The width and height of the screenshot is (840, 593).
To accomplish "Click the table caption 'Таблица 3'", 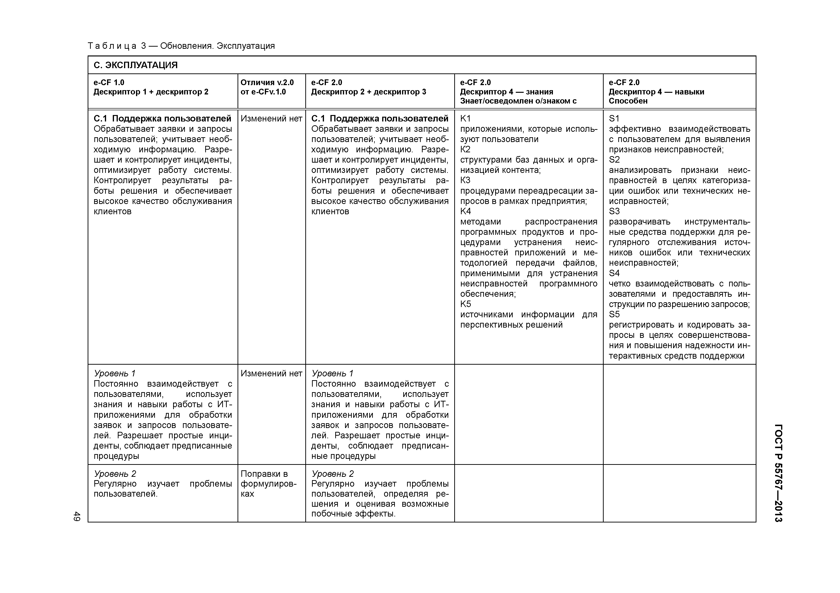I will tap(117, 46).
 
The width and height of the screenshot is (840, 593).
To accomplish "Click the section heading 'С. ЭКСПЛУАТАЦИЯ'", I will tap(136, 66).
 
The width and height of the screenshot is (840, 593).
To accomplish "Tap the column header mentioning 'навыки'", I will tap(657, 92).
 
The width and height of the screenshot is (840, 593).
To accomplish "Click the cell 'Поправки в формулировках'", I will tap(268, 484).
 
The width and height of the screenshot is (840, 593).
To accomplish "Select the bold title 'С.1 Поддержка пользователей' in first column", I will tap(162, 118).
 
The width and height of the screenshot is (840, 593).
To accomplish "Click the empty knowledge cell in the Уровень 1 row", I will tap(529, 414).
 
